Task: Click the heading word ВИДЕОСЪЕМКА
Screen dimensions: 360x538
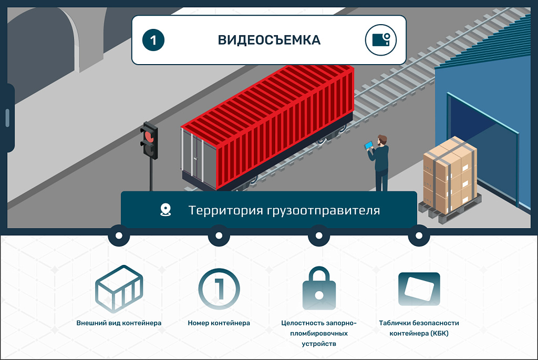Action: [x=269, y=40]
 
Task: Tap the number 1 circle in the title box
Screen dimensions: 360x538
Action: [x=153, y=40]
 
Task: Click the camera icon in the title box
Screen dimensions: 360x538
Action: [x=380, y=40]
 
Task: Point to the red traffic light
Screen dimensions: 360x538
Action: [x=149, y=138]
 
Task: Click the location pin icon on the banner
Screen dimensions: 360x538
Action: [x=165, y=210]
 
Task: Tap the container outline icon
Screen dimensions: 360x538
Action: [x=119, y=289]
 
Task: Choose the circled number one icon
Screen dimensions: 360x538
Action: [x=219, y=289]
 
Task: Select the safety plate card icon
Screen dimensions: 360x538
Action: [x=419, y=289]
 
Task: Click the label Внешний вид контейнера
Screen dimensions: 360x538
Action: [x=119, y=323]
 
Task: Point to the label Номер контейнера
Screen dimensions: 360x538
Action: [x=219, y=323]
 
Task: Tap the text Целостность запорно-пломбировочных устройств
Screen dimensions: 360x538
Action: [x=318, y=333]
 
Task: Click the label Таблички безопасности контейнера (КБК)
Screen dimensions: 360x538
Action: [x=419, y=328]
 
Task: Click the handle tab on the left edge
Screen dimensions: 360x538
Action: [x=7, y=118]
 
